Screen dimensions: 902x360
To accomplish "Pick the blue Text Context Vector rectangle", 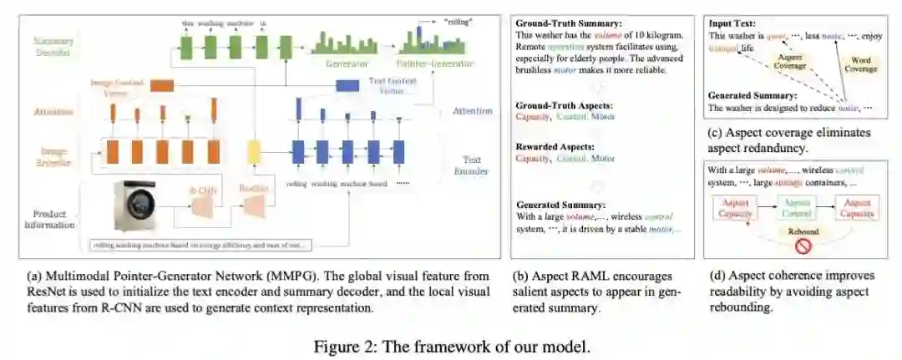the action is point(347,84).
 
